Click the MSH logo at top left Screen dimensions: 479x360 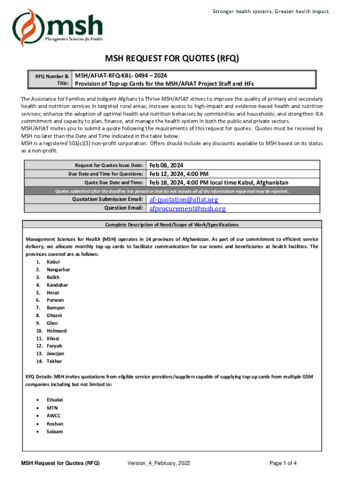[57, 27]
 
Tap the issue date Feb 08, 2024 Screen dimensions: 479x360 [166, 165]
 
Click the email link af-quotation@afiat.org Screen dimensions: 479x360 [184, 200]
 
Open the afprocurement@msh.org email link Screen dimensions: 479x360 [187, 209]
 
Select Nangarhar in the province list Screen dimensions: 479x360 [58, 269]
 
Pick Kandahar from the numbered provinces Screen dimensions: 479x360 [58, 285]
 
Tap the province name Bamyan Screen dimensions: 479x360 [56, 308]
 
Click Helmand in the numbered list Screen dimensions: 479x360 [57, 331]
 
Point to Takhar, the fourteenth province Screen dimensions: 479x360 [54, 361]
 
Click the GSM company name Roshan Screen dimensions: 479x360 [55, 424]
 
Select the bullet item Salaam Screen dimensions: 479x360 [55, 431]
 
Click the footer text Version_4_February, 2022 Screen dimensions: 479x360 [158, 464]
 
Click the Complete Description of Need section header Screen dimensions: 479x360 [172, 225]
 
